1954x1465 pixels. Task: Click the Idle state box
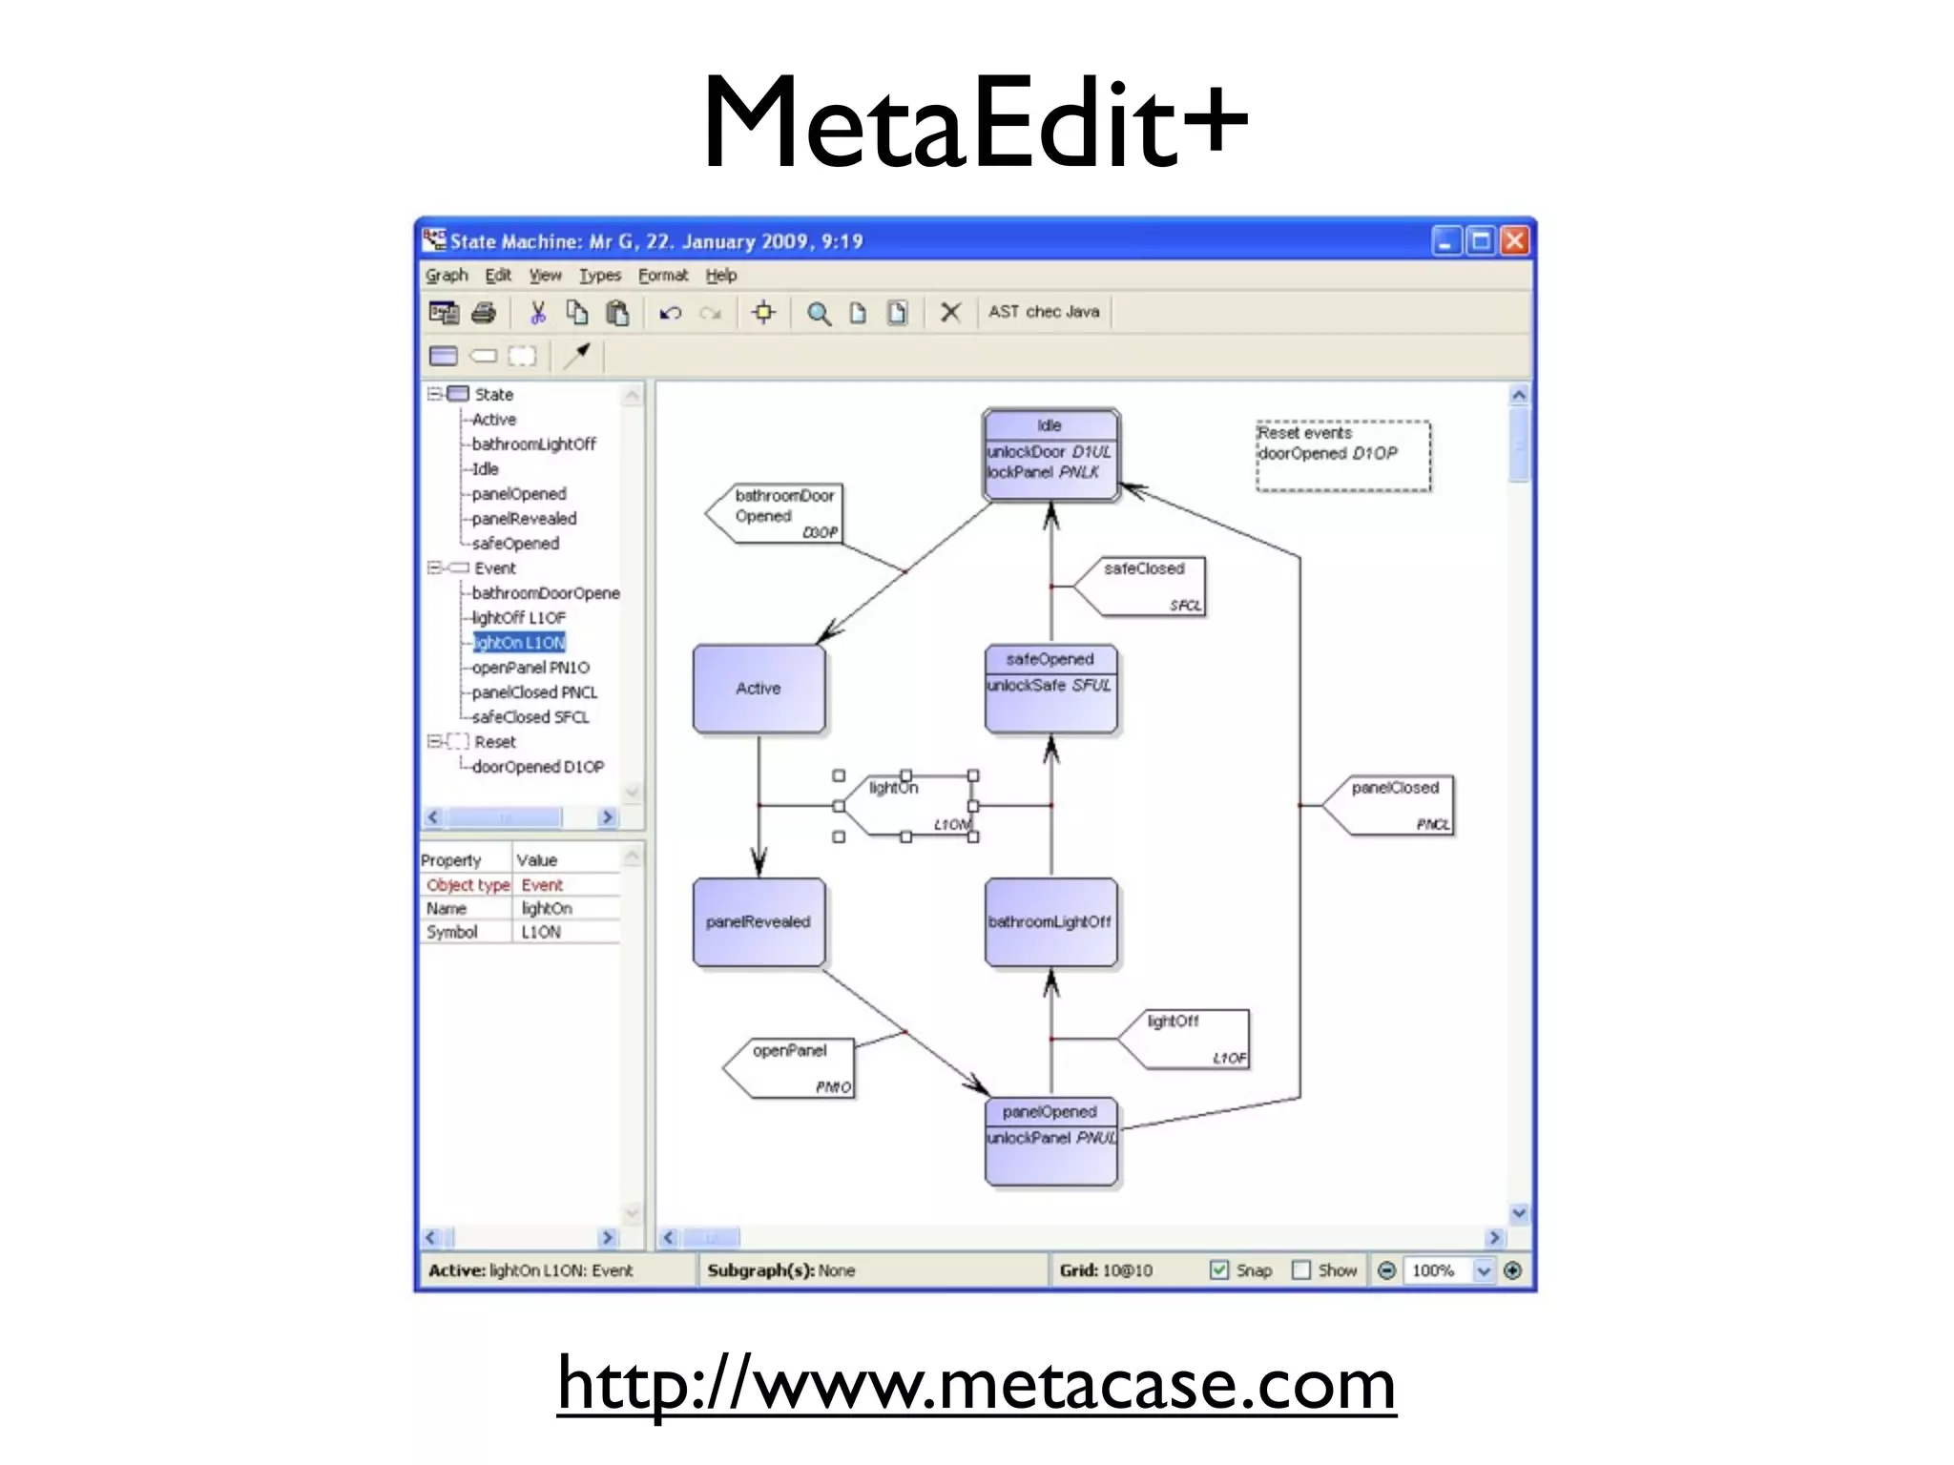point(1050,455)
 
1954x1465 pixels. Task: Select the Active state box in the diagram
point(759,689)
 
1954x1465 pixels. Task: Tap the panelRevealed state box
point(759,922)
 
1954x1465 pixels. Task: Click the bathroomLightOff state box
point(1050,922)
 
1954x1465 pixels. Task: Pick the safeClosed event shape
point(1145,587)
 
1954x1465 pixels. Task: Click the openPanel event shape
point(792,1068)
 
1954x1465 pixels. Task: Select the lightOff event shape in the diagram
point(1188,1039)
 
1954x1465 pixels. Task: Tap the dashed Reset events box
point(1343,456)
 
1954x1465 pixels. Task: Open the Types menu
point(600,276)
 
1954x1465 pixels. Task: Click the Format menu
point(663,276)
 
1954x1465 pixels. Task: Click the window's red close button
point(1514,241)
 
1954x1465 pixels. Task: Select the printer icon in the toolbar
point(485,313)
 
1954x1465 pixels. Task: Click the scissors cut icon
point(538,313)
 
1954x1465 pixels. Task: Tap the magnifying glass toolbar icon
point(819,313)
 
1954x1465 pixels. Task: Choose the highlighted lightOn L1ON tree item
point(520,643)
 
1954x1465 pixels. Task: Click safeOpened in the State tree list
point(515,544)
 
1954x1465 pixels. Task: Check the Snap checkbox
point(1219,1270)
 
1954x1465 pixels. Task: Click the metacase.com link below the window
point(976,1385)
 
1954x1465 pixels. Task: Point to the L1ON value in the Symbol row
point(541,932)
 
